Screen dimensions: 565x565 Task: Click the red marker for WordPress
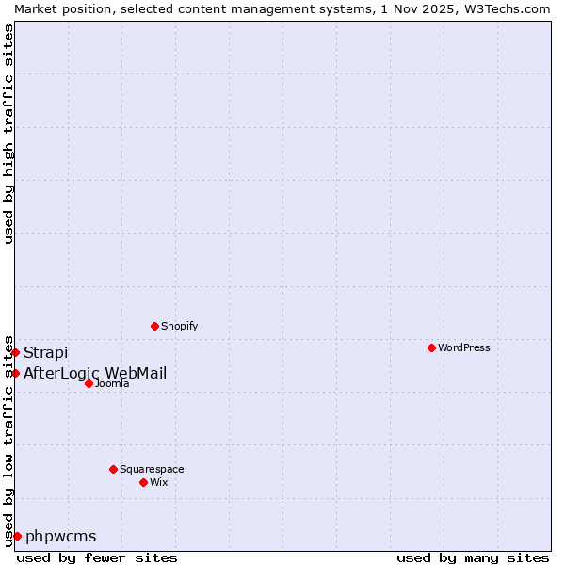pos(431,347)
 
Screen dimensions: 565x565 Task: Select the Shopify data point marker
pos(154,326)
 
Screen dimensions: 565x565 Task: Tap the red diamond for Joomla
pos(89,383)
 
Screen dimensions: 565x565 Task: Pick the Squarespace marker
pos(113,469)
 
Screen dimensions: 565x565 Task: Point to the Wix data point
pos(143,482)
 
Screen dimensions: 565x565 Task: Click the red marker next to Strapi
pos(15,352)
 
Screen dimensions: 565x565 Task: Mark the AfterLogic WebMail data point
pos(15,373)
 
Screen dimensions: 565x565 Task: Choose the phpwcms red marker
pos(17,536)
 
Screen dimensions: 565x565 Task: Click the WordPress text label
pos(464,347)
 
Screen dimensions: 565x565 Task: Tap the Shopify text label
pos(179,326)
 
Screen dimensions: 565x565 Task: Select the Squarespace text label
pos(152,469)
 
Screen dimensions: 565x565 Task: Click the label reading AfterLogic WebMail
pos(95,373)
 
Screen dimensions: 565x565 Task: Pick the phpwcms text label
pos(61,537)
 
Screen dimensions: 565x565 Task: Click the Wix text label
pos(159,482)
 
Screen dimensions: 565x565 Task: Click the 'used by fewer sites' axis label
pos(97,557)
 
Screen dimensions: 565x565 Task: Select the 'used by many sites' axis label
pos(473,557)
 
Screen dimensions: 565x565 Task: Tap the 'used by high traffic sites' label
pos(8,134)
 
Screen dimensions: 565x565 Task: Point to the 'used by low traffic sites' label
pos(8,440)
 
